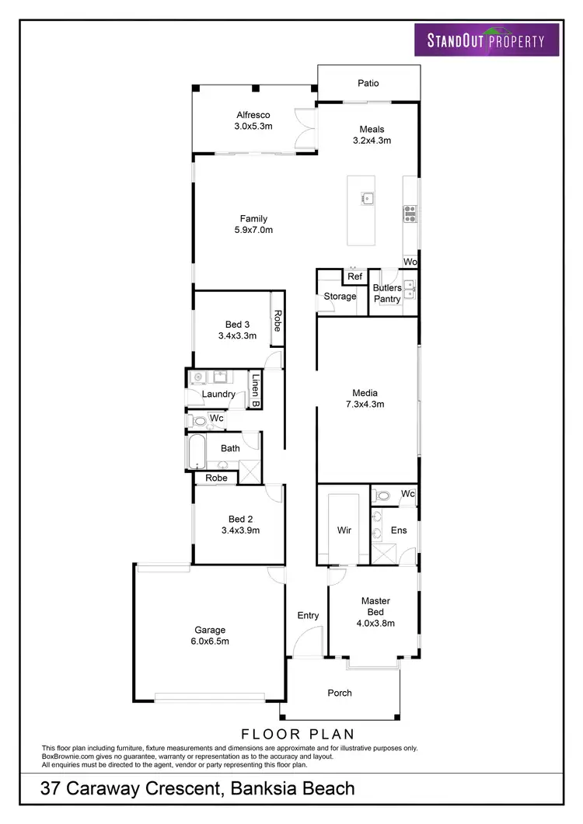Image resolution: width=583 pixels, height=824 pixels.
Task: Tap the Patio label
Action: (368, 83)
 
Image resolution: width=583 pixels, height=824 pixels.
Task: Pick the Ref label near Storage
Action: (354, 276)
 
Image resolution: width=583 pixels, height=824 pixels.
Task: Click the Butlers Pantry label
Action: (387, 294)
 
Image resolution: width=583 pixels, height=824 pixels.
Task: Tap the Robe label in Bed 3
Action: (276, 321)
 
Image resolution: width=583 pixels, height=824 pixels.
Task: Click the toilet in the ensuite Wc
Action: (383, 495)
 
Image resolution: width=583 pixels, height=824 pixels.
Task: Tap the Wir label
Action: (344, 530)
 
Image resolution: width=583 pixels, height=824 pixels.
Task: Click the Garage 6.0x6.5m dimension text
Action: (210, 641)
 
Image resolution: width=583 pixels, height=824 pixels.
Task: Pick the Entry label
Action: (308, 616)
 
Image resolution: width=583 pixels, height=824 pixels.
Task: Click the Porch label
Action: (340, 693)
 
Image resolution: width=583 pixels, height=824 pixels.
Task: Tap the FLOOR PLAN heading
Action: (298, 733)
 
